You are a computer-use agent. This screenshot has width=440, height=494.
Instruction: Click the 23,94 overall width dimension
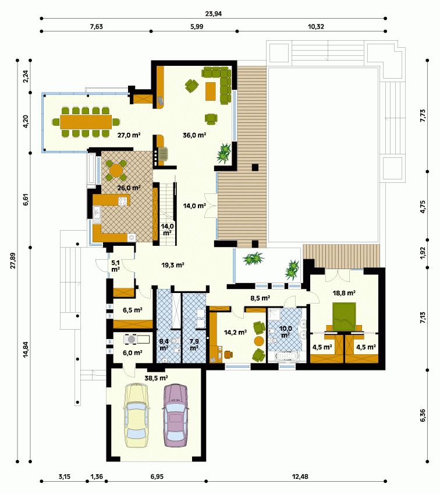[x=214, y=14]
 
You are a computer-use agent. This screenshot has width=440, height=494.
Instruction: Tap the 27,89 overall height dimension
[x=13, y=260]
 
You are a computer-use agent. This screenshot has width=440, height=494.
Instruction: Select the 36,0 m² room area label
[x=194, y=135]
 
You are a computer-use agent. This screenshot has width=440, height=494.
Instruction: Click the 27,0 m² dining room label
[x=129, y=135]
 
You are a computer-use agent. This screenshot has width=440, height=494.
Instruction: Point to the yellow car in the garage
[x=137, y=415]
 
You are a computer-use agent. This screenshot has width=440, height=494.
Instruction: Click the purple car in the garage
[x=176, y=415]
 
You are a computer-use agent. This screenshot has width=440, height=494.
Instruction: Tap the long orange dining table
[x=86, y=122]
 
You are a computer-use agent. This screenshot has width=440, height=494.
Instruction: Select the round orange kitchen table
[x=116, y=170]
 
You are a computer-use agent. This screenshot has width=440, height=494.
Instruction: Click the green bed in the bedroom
[x=344, y=317]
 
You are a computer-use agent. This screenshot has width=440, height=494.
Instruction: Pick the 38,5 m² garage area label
[x=156, y=377]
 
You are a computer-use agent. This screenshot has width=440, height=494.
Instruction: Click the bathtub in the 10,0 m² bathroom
[x=286, y=357]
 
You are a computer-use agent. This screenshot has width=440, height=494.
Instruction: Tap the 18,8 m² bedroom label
[x=344, y=293]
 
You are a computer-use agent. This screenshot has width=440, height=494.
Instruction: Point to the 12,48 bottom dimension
[x=300, y=477]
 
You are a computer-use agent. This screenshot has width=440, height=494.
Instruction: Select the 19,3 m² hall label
[x=173, y=265]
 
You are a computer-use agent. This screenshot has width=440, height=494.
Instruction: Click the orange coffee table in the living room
[x=211, y=91]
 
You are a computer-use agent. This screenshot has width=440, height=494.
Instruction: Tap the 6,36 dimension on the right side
[x=423, y=415]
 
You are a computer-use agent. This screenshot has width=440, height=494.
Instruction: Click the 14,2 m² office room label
[x=235, y=333]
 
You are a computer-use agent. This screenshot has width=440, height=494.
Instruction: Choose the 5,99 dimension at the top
[x=197, y=27]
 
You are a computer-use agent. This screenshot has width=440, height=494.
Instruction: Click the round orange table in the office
[x=259, y=341]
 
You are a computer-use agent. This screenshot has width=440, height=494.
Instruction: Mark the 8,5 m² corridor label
[x=260, y=298]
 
